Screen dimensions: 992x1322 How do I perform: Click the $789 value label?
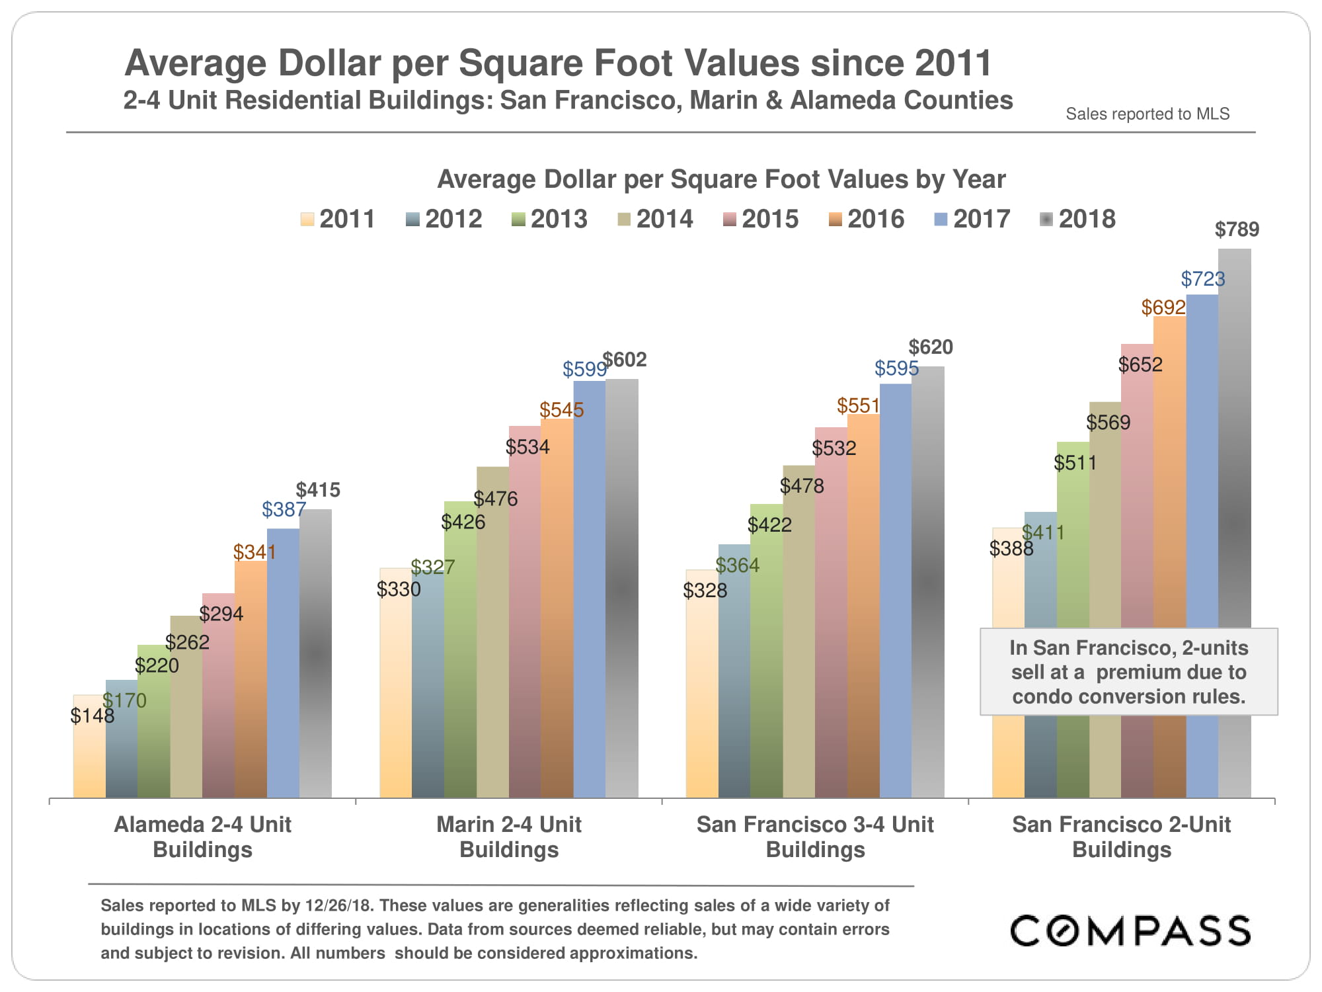(1237, 229)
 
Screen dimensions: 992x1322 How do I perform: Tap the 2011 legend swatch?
(307, 220)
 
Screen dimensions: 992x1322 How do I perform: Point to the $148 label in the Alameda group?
(92, 716)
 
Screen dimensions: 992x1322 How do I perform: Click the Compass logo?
(1130, 930)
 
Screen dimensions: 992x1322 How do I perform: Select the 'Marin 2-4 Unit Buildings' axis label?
(509, 837)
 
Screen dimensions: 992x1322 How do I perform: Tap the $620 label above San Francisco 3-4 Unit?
(930, 347)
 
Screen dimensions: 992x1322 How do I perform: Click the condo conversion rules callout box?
(1128, 671)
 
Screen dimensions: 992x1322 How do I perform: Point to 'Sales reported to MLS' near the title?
(1147, 114)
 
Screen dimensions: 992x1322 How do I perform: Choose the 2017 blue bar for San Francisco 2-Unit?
(1202, 463)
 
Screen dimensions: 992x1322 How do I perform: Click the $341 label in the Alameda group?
(254, 552)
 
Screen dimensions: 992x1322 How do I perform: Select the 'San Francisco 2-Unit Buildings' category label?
(1121, 837)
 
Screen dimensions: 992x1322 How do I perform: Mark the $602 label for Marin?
(624, 360)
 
